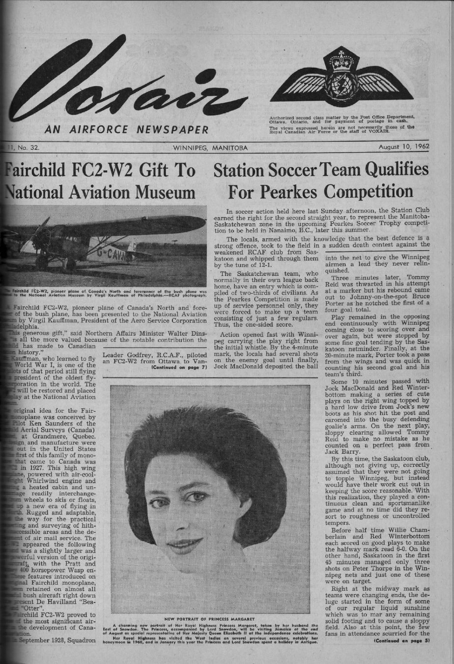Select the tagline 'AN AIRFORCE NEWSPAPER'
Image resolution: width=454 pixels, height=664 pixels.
point(126,130)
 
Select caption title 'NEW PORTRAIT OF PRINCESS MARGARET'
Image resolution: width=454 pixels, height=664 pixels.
point(209,618)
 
